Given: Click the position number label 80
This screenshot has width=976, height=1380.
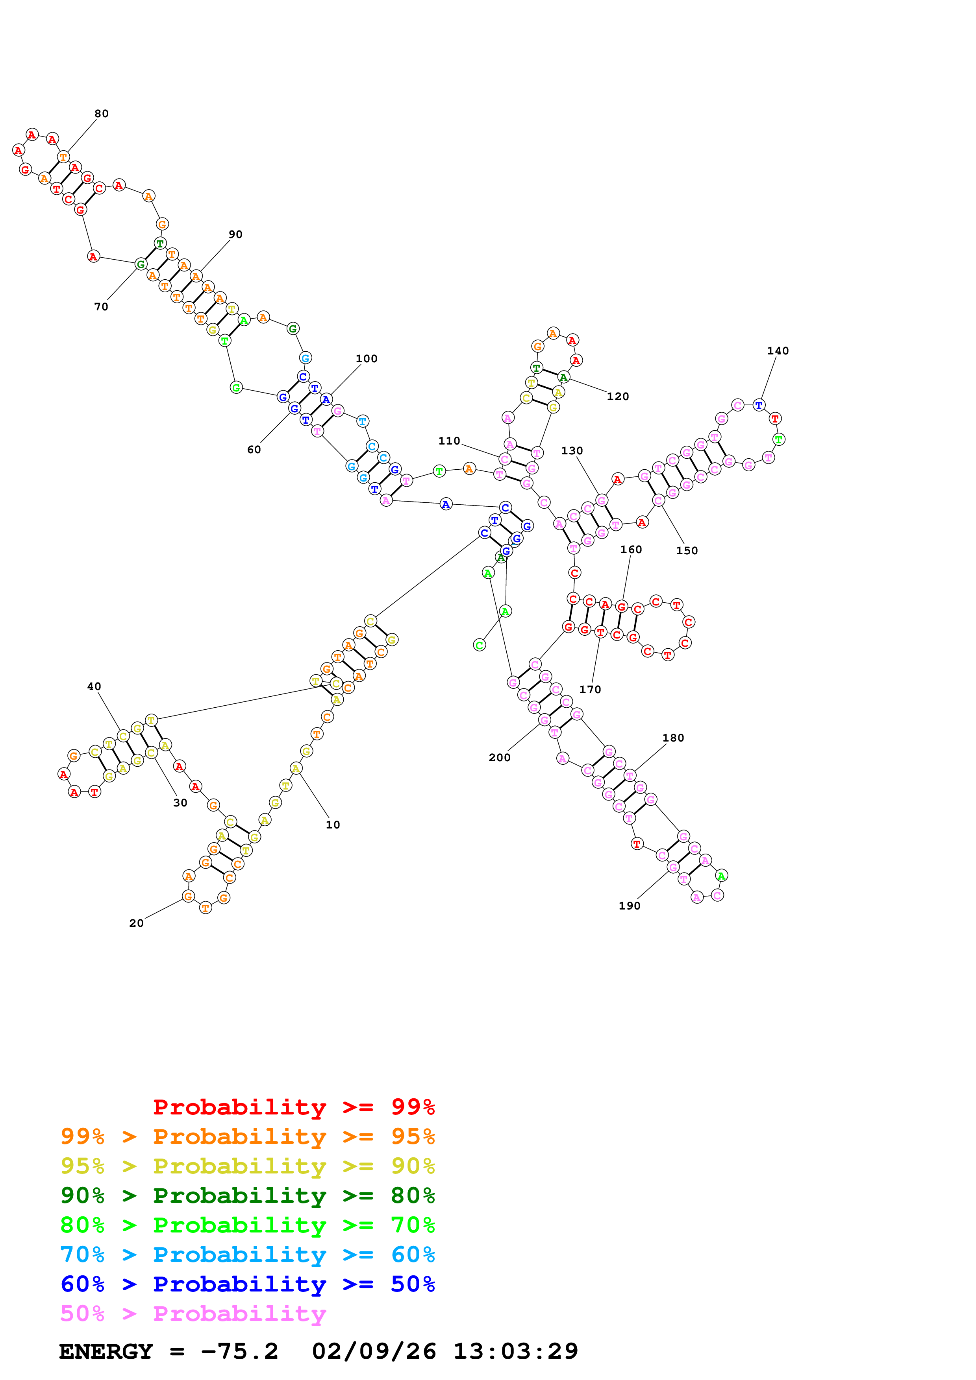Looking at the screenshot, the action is [x=101, y=114].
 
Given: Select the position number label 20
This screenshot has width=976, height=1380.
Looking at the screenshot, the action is [x=137, y=922].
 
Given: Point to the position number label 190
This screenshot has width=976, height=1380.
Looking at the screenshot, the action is [x=629, y=905].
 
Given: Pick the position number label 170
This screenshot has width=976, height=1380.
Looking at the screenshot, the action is [x=589, y=689].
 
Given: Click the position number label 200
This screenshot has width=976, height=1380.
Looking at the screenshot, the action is [x=499, y=757].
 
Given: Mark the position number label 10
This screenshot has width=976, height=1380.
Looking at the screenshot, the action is [x=333, y=824].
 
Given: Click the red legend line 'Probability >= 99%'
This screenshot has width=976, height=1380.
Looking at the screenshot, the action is [x=293, y=1107].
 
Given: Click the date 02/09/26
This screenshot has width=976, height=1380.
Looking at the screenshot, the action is [x=374, y=1351].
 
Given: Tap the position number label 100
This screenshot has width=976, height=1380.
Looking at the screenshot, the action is [x=366, y=358].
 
